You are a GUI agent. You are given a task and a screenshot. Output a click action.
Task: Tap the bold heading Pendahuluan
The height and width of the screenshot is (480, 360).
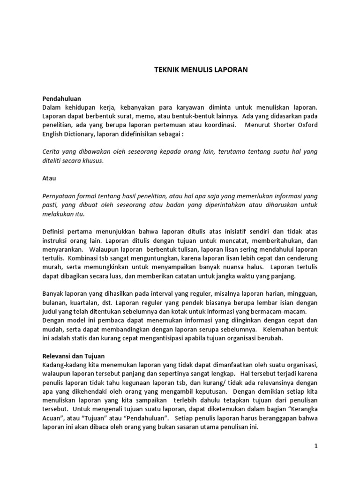[x=61, y=98]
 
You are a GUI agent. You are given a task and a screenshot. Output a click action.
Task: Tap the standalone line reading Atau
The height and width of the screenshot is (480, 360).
[x=49, y=178]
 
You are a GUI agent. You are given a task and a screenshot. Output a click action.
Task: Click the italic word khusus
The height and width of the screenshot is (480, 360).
[x=90, y=161]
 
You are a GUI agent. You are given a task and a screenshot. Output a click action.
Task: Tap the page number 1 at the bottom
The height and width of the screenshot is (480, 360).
[x=316, y=446]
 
